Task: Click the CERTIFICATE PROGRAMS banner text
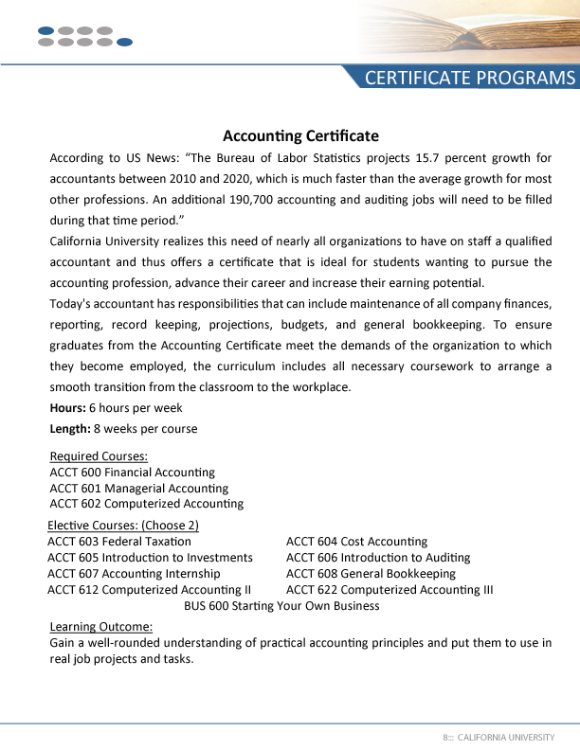[x=470, y=78]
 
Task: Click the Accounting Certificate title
[x=300, y=136]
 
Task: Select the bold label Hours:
[x=67, y=407]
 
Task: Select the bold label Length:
[x=69, y=428]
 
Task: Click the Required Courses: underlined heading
[x=99, y=456]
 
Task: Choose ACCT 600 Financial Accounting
[x=132, y=472]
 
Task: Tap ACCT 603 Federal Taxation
[x=118, y=541]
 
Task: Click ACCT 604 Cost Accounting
[x=356, y=541]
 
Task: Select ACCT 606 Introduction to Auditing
[x=377, y=557]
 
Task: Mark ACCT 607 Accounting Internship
[x=134, y=573]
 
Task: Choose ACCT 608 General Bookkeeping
[x=371, y=573]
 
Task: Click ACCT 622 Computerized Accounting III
[x=390, y=589]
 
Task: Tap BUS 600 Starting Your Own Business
[x=281, y=605]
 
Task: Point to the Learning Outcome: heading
[x=100, y=626]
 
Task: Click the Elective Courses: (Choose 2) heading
[x=123, y=525]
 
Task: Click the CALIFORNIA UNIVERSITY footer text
[x=505, y=737]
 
